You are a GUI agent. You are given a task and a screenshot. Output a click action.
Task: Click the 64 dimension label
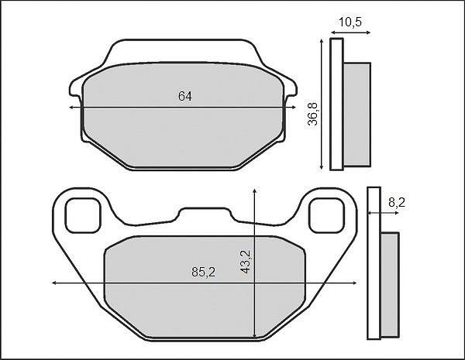pos(185,96)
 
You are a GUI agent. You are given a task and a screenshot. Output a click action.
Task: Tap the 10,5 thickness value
pos(350,22)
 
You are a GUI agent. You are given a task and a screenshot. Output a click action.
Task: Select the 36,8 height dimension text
pos(312,114)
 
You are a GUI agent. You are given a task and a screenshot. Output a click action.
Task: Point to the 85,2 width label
pos(203,272)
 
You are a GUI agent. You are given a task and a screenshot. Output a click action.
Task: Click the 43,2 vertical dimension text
pos(246,262)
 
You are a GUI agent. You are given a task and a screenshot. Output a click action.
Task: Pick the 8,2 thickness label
pos(397,203)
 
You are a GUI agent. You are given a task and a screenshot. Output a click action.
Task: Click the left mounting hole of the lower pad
pos(83,215)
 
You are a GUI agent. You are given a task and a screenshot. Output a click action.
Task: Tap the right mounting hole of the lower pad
pos(326,215)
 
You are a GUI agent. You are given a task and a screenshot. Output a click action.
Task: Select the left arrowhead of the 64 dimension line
pos(71,108)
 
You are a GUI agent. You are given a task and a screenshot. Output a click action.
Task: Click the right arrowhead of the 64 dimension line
pos(294,108)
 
